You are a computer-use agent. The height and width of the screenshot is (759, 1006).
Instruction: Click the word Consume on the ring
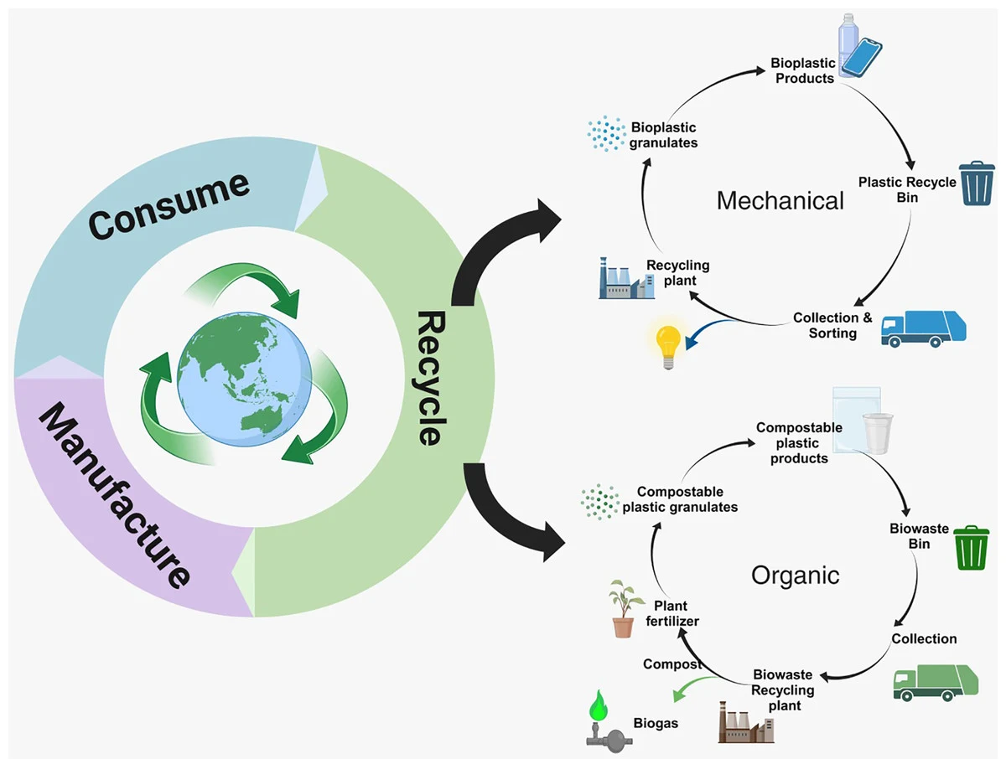169,205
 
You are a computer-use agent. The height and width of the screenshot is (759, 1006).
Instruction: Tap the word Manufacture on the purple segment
114,494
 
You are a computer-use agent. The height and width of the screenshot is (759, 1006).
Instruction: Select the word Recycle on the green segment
428,378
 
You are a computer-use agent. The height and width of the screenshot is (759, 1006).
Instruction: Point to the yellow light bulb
669,346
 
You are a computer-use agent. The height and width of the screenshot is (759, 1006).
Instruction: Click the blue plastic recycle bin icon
976,183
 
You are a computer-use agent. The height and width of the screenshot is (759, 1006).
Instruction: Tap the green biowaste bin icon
972,548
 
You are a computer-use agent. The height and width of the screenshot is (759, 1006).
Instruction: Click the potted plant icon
622,609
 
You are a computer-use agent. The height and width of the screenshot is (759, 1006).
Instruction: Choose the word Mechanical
780,201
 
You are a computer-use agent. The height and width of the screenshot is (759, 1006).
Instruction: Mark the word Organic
795,576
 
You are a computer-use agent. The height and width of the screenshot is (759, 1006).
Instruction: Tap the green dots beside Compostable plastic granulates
600,500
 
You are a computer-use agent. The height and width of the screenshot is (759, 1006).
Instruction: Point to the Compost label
672,664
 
